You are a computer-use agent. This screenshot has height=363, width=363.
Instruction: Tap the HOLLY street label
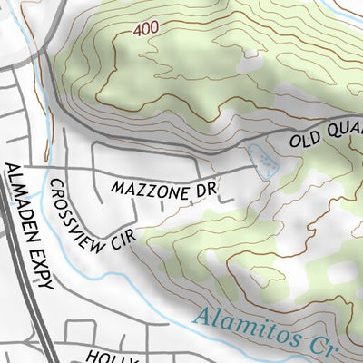tap(113, 357)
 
